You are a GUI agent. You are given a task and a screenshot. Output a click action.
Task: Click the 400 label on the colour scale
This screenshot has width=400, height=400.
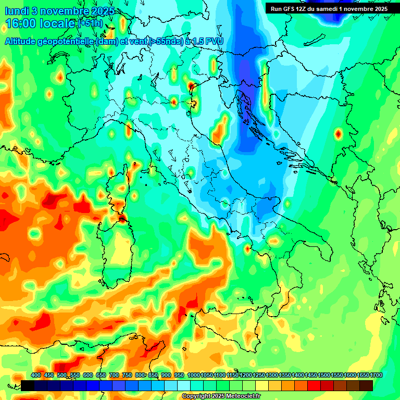click(x=36, y=375)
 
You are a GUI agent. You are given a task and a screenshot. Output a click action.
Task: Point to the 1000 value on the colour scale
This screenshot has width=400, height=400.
click(x=194, y=375)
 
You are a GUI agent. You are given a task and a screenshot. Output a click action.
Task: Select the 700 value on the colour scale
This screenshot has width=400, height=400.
click(x=114, y=375)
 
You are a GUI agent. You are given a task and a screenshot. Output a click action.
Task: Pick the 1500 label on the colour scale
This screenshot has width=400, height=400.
click(x=323, y=375)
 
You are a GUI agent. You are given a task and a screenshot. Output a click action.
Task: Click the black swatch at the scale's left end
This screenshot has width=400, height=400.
click(x=28, y=385)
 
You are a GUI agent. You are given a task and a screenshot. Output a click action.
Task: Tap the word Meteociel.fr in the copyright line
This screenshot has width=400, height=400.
click(x=248, y=396)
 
